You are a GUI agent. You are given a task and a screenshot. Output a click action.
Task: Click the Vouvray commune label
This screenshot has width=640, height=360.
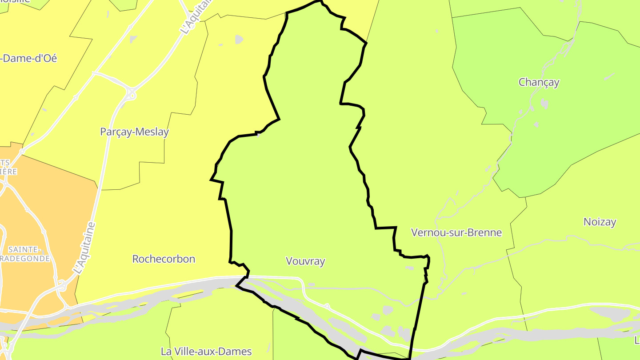[305, 261]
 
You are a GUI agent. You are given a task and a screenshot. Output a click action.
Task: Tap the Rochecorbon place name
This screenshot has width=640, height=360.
[164, 259]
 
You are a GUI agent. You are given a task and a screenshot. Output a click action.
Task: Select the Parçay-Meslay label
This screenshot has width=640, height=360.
[134, 132]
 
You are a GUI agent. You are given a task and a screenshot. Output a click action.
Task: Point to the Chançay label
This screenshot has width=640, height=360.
[539, 82]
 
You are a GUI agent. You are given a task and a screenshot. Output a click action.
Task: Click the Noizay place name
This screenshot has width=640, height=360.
[600, 222]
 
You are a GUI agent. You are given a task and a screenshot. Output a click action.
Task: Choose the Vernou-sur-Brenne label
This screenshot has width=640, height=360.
[456, 232]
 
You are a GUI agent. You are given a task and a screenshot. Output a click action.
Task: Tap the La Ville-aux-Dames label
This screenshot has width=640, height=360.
[206, 351]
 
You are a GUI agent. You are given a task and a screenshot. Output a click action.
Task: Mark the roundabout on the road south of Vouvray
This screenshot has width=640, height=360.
[327, 306]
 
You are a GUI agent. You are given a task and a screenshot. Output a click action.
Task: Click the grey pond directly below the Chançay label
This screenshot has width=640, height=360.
[544, 104]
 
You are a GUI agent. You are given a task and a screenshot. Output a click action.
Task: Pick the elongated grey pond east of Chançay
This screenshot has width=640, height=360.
[610, 76]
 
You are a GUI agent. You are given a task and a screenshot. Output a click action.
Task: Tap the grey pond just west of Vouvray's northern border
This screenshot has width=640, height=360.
[239, 39]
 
